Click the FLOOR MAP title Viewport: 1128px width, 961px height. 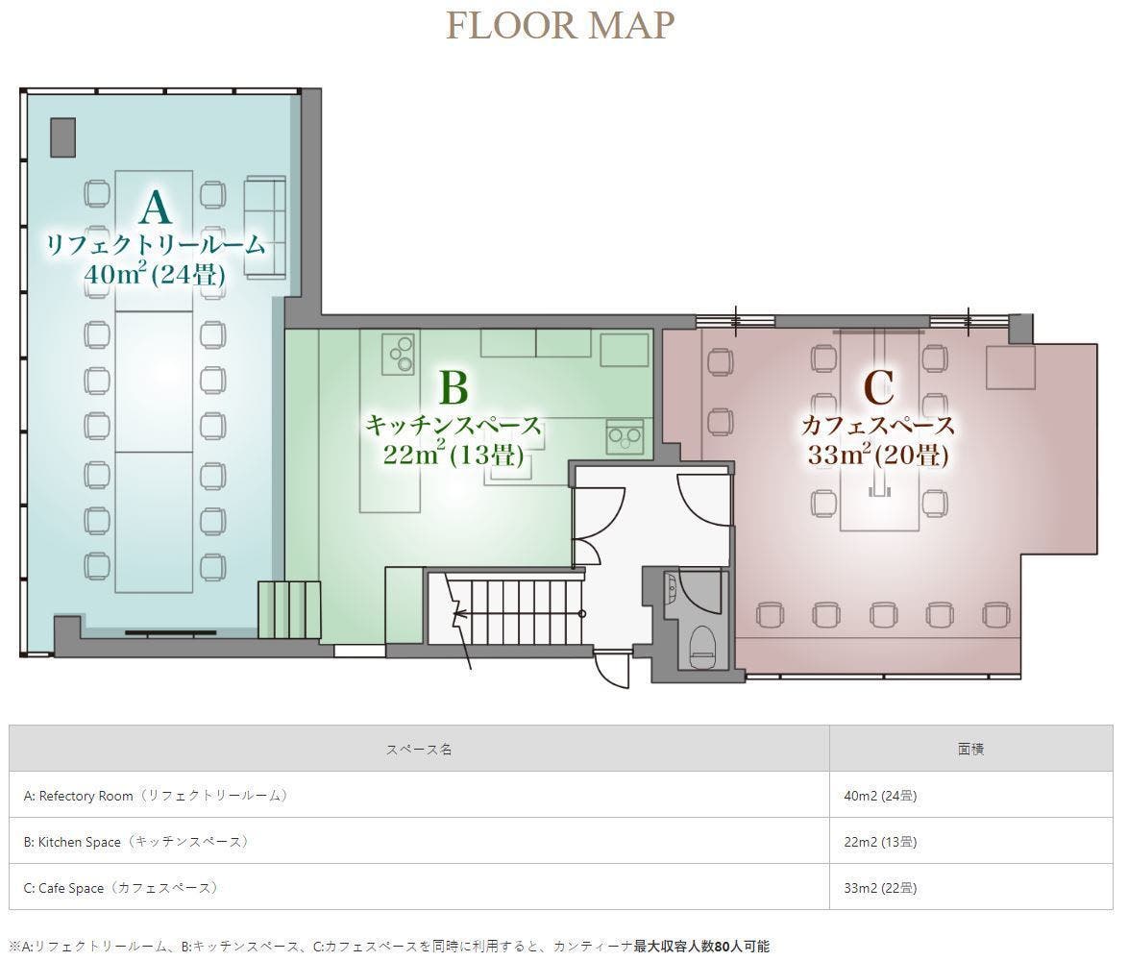click(560, 24)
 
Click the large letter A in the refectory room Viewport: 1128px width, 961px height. click(156, 208)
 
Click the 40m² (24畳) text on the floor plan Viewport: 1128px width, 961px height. click(155, 274)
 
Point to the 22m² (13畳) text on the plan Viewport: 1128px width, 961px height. click(454, 454)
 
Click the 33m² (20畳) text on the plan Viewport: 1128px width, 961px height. click(878, 454)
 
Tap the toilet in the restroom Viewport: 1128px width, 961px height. click(702, 648)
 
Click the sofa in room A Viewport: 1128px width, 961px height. click(265, 227)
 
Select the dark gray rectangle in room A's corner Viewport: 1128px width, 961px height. click(63, 136)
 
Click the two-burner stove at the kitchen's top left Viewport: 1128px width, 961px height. click(399, 354)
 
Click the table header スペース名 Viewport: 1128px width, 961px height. click(419, 749)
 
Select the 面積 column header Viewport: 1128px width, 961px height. click(970, 749)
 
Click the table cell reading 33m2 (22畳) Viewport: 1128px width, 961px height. click(880, 888)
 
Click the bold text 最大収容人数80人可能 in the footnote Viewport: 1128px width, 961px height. click(701, 946)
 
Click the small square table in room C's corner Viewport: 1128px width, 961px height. click(1010, 367)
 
